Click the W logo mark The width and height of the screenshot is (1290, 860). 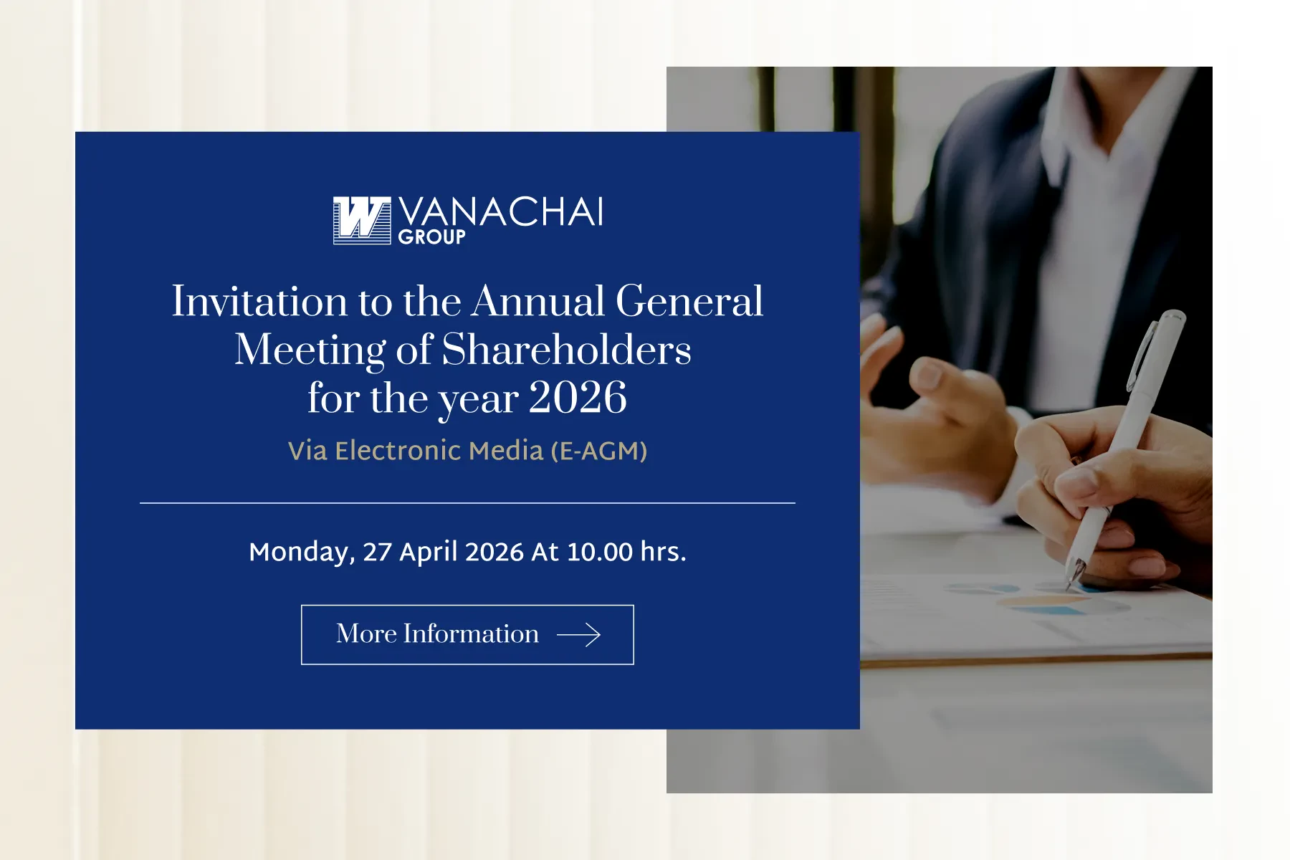(362, 220)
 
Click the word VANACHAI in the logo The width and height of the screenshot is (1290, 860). (500, 212)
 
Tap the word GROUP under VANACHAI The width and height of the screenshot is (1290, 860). (432, 236)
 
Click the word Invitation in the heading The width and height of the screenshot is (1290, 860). (259, 301)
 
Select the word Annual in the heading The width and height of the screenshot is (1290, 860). (538, 301)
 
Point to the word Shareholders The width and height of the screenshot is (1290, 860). (566, 350)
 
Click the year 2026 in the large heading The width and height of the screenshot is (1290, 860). (578, 398)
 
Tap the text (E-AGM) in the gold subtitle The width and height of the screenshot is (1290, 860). (599, 451)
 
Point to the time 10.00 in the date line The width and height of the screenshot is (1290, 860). (600, 553)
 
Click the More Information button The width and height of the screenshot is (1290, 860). (467, 635)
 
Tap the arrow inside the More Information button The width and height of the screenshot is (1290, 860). (579, 635)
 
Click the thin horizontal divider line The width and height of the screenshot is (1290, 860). (467, 503)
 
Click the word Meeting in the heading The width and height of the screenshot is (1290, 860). (310, 351)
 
